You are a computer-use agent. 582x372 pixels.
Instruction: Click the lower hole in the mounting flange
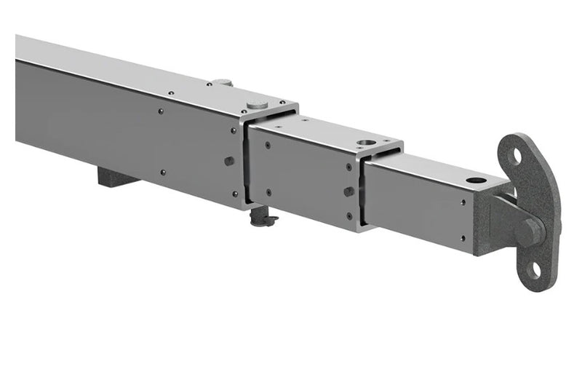(534, 269)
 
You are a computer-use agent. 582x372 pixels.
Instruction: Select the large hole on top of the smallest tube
(477, 179)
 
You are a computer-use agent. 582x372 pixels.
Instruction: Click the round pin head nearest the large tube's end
(256, 104)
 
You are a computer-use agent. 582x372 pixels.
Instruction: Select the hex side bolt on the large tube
(229, 161)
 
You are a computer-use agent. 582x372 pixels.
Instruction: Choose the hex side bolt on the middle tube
(349, 191)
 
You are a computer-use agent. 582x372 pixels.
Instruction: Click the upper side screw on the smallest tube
(463, 202)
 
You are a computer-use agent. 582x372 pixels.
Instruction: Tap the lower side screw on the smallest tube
(463, 237)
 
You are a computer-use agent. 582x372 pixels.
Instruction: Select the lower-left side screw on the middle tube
(269, 193)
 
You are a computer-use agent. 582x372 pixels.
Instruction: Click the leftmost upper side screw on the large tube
(161, 111)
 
